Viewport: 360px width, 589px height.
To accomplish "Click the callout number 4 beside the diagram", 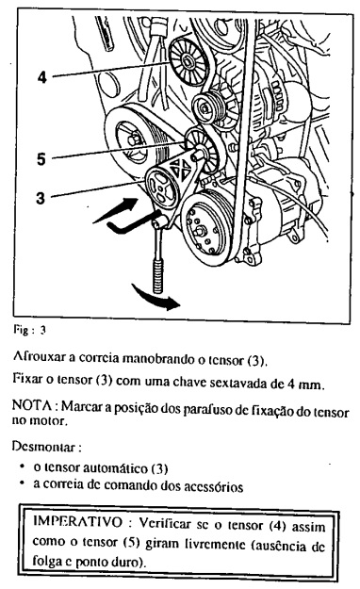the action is point(42,77).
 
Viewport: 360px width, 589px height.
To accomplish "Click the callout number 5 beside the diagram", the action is point(41,159).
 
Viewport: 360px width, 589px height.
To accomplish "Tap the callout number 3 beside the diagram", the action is point(41,198).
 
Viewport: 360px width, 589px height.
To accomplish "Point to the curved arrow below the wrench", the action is point(155,298).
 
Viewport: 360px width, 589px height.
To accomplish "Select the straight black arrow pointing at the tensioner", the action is point(116,210).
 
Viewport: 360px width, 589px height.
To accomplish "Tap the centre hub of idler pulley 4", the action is point(187,59).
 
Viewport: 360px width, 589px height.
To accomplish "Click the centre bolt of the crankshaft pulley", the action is point(135,139).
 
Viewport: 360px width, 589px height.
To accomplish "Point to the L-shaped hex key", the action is point(132,222).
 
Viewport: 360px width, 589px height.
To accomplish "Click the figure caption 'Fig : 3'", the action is point(29,331).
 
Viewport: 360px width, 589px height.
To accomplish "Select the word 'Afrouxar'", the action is point(39,357).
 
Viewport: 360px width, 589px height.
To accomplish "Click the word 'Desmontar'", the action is point(43,447).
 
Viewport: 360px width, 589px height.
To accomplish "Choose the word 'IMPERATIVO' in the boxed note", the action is point(78,522).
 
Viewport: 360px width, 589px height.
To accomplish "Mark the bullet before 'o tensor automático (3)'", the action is point(24,466).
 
